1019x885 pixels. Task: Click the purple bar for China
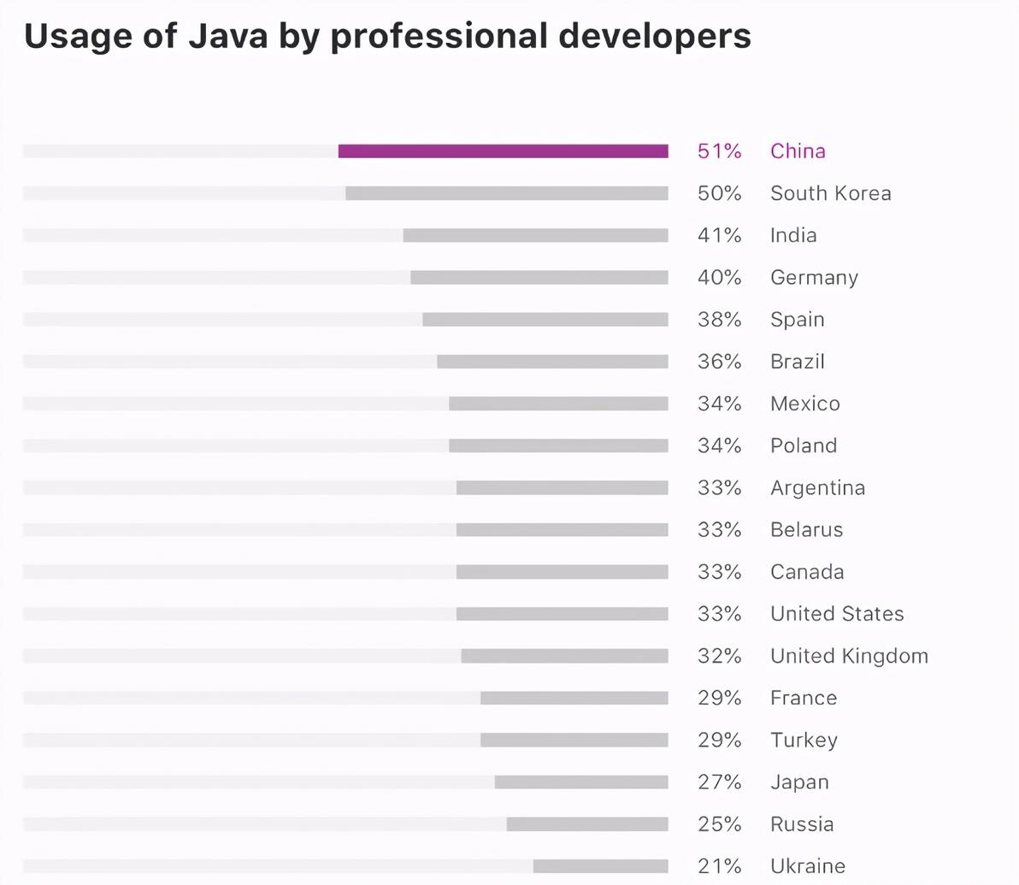pos(503,151)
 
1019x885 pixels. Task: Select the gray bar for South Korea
pos(506,193)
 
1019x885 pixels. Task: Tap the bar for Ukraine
pos(600,866)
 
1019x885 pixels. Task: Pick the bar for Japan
pos(581,782)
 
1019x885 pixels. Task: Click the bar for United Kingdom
pos(564,656)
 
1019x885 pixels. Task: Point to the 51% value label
pos(719,151)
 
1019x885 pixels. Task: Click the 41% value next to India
pos(719,235)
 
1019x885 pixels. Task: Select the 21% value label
pos(719,866)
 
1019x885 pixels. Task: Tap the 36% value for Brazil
pos(719,362)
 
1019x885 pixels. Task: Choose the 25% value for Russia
pos(719,824)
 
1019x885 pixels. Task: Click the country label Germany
pos(814,278)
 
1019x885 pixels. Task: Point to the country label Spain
pos(797,320)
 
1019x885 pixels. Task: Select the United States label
pos(837,614)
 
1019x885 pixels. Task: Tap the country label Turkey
pos(804,740)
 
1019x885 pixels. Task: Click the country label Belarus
pos(806,530)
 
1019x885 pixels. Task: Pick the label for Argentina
pos(817,488)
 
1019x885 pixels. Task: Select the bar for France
pos(574,699)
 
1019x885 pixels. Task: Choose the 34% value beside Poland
pos(719,445)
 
